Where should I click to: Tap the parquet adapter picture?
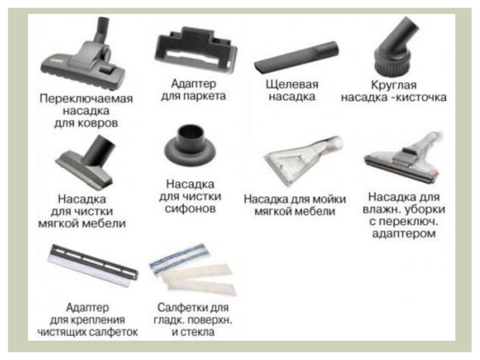coord(196,50)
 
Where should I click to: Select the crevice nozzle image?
coord(296,57)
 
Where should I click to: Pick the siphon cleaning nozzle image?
coord(190,145)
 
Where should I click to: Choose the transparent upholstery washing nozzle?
coord(303,161)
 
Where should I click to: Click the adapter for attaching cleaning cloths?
coord(94,266)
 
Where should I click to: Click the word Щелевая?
coord(292,85)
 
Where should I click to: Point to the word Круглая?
coord(394,85)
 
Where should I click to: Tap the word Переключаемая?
coord(86,99)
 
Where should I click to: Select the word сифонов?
coord(190,209)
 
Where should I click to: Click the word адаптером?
coord(404,234)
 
